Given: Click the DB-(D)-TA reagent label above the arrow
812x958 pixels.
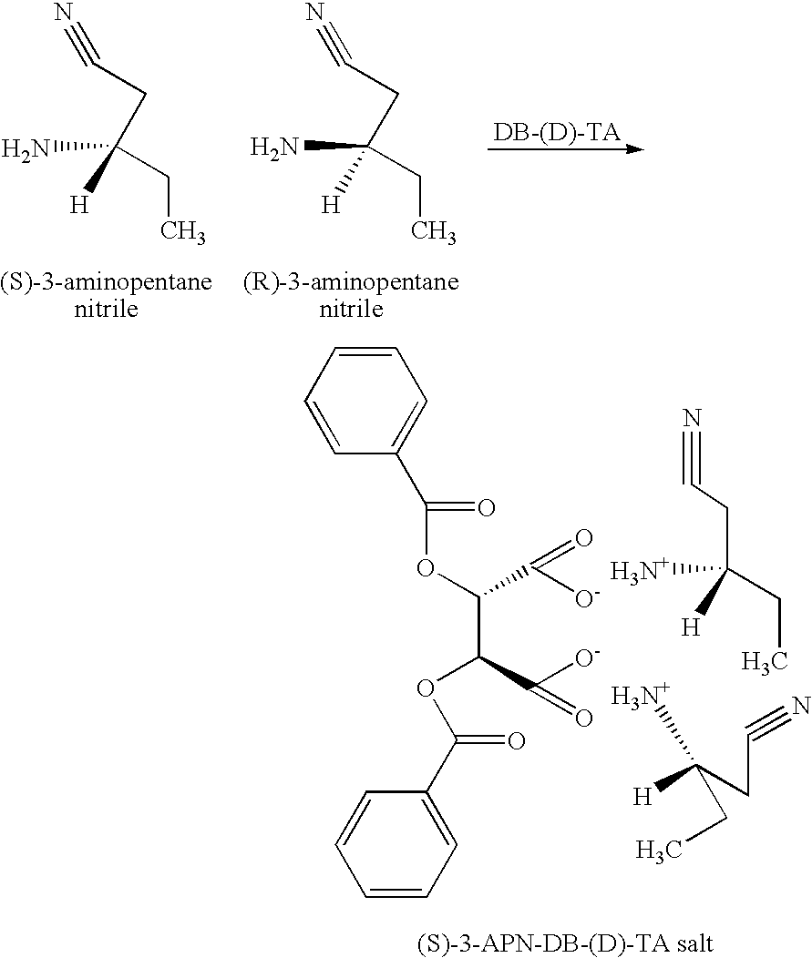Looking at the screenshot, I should pos(557,132).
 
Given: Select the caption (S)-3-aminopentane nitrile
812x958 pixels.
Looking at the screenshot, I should pos(107,295).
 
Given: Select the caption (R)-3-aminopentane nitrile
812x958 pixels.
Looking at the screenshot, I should pos(351,295).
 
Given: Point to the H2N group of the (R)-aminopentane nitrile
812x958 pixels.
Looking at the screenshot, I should pos(273,146).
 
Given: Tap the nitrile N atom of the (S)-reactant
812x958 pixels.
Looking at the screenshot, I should pos(63,13).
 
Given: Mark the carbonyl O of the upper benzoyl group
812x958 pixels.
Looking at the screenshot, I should pos(486,507).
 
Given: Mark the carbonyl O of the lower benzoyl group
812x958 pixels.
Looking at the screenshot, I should pos(515,742).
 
